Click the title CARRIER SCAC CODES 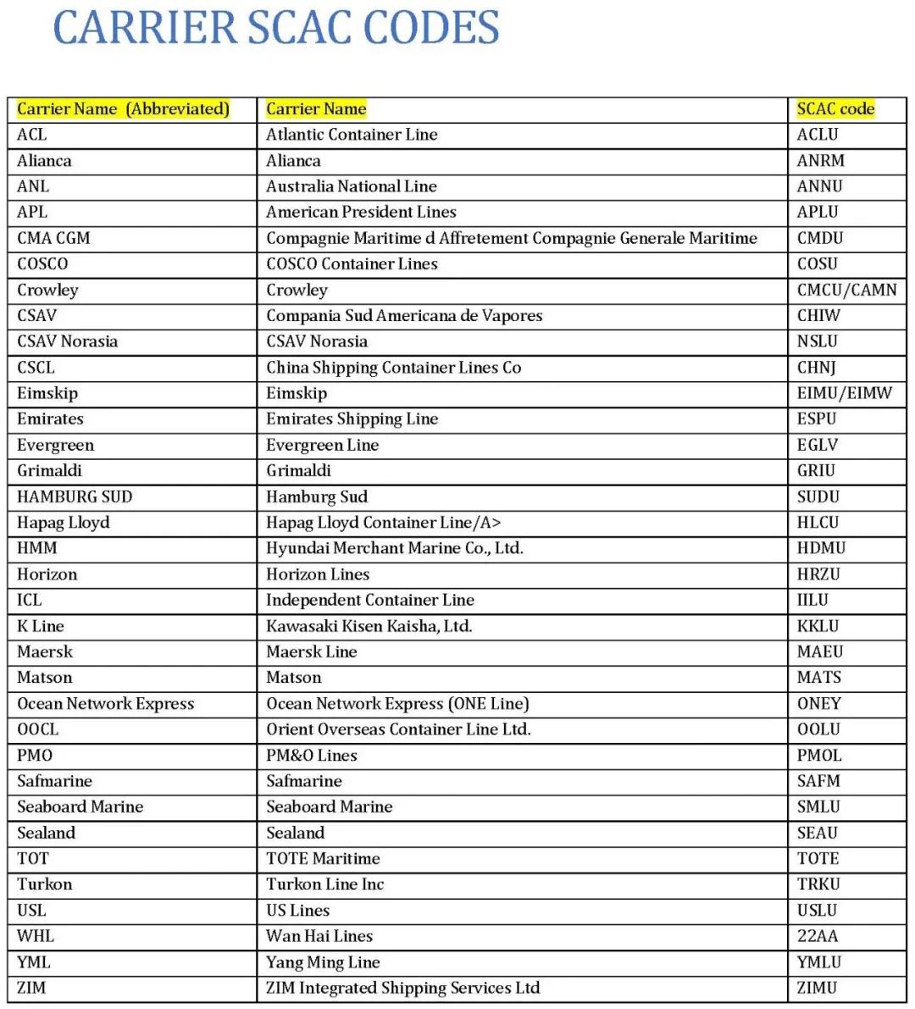[x=276, y=28]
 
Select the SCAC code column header [x=835, y=109]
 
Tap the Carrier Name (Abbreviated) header [x=123, y=109]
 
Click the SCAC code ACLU [x=818, y=135]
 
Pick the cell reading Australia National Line [x=352, y=186]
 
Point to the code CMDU [x=820, y=238]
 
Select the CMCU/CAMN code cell [x=846, y=290]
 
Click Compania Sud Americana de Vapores [x=404, y=316]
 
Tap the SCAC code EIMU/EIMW [x=844, y=393]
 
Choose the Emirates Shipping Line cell [x=352, y=419]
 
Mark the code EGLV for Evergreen [x=818, y=445]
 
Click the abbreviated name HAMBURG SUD [x=75, y=496]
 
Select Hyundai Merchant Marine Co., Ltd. [x=394, y=548]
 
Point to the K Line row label [x=41, y=626]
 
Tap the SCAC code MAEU [x=820, y=651]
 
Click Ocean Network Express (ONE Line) [x=397, y=704]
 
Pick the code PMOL [x=819, y=756]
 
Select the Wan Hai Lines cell [x=319, y=936]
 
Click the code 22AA [x=818, y=936]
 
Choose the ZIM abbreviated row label [x=31, y=988]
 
